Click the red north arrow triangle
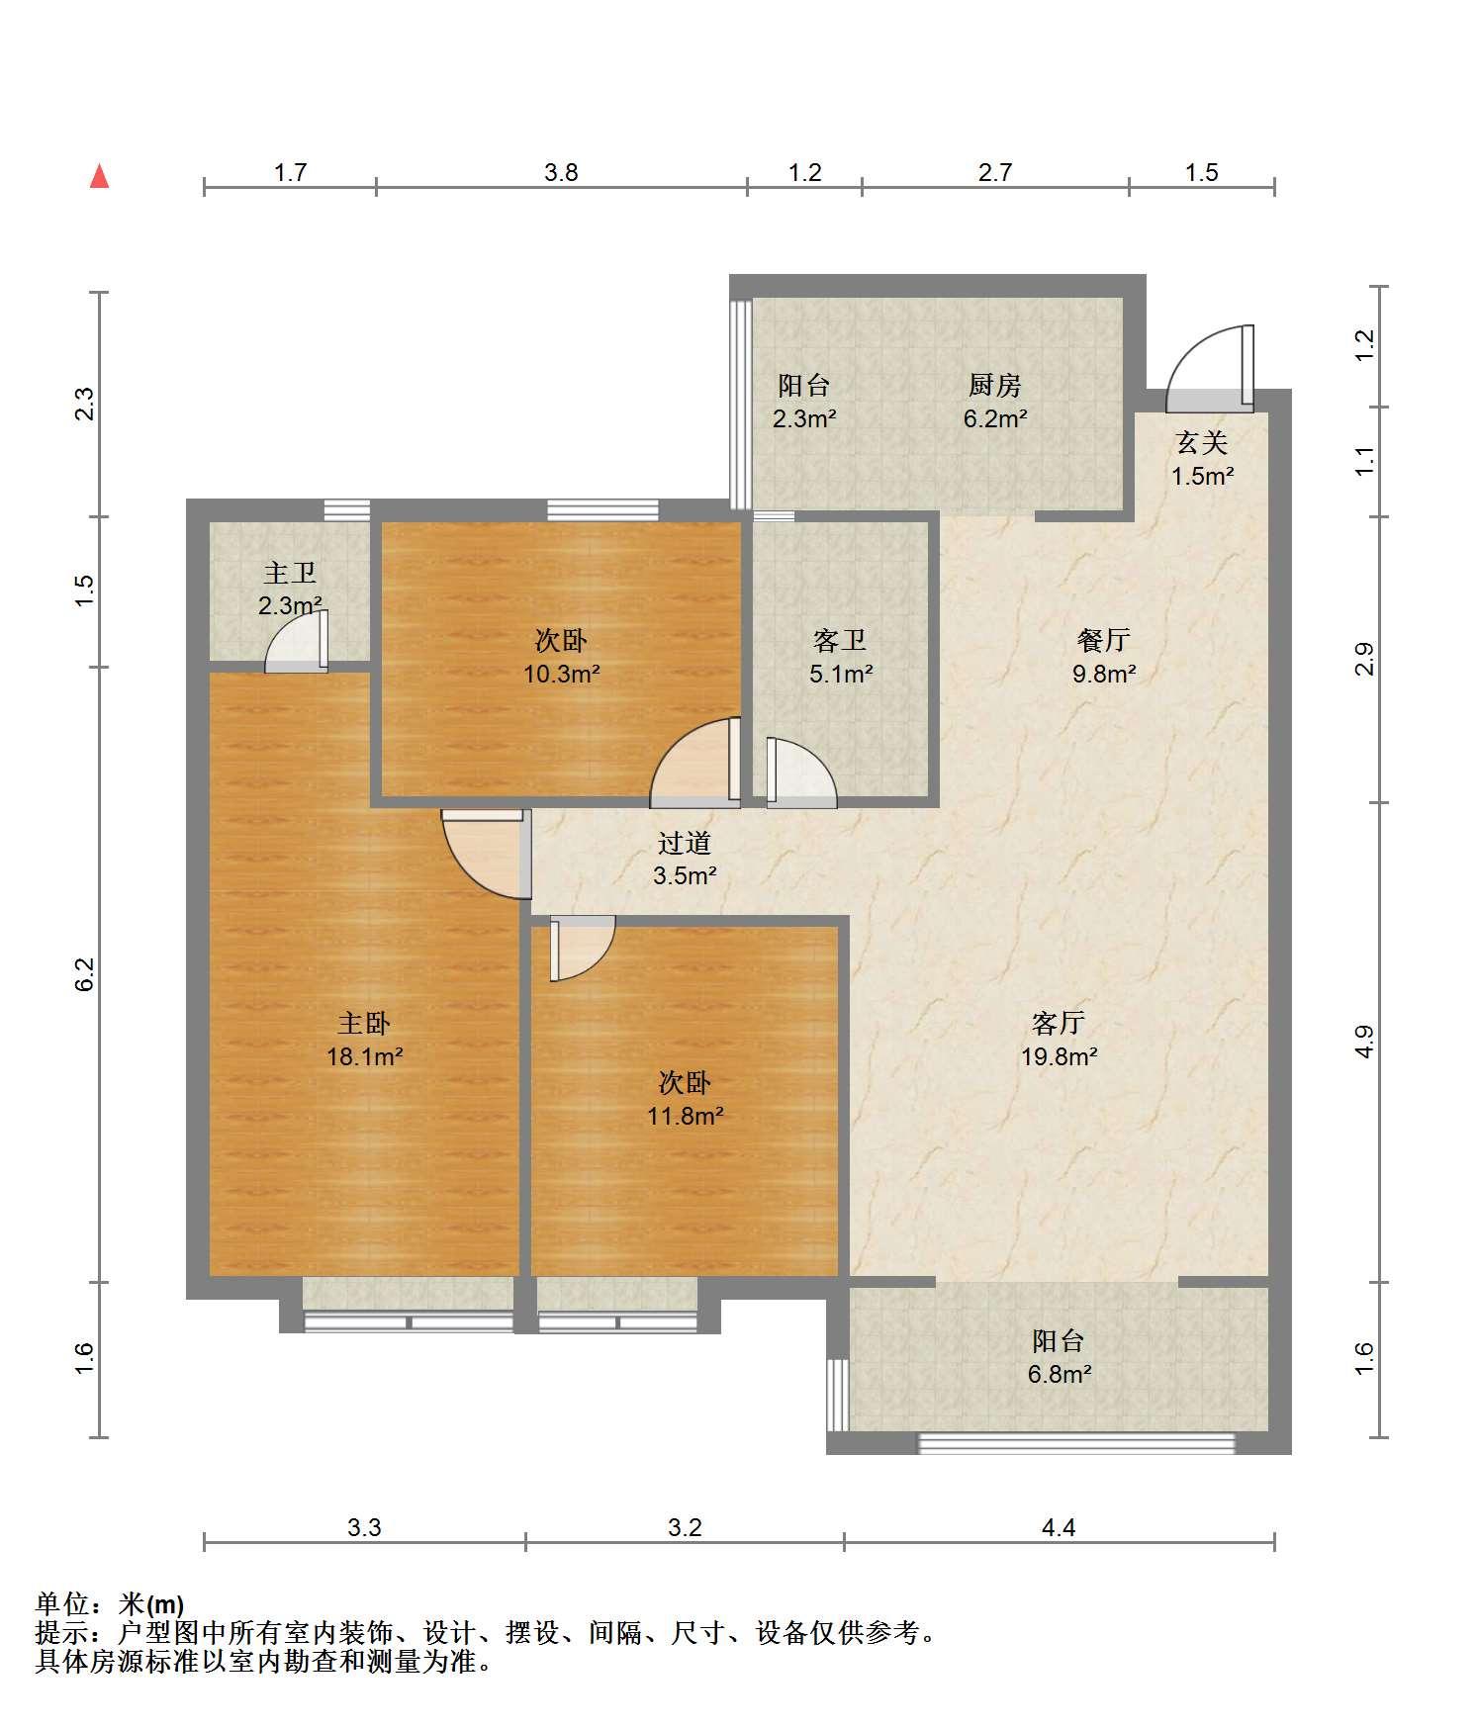[99, 176]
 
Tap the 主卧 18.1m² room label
[364, 1040]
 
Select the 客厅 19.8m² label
[1059, 1040]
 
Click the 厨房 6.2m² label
[995, 401]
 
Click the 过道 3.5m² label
[685, 859]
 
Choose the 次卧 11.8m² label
[685, 1099]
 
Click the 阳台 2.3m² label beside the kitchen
[804, 401]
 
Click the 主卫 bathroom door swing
[296, 642]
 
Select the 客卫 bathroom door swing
[801, 773]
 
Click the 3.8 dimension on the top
[561, 173]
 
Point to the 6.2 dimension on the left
[85, 974]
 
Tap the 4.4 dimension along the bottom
[1059, 1528]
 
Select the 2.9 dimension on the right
[1365, 659]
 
